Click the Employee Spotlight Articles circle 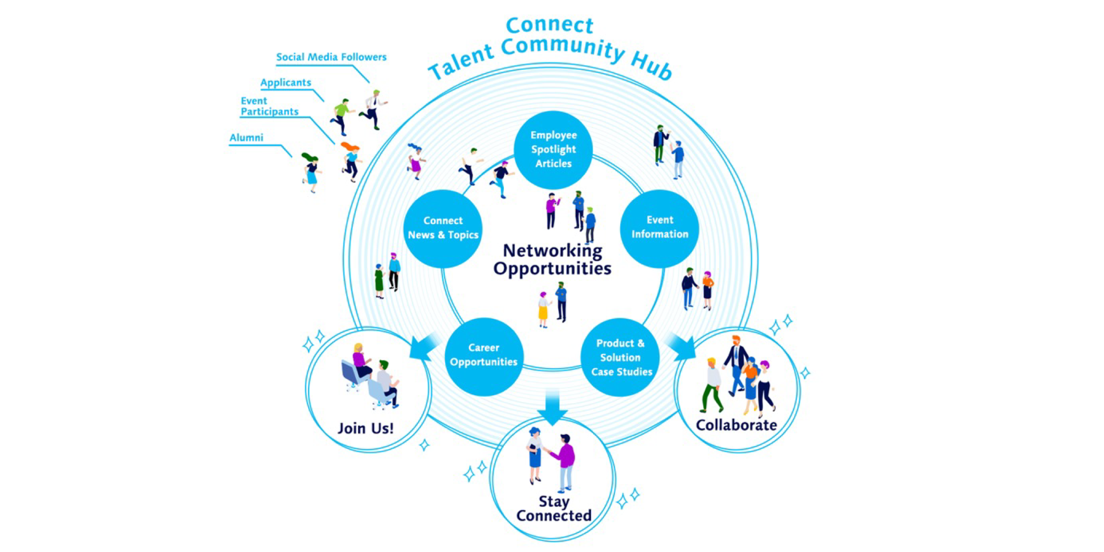click(x=553, y=149)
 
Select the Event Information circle click(x=659, y=228)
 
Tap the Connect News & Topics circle click(x=443, y=228)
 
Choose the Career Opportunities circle click(x=484, y=356)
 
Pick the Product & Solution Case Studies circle click(x=620, y=357)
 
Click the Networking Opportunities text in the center click(x=552, y=260)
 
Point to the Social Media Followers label click(x=331, y=57)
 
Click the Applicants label click(x=286, y=83)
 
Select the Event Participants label click(x=269, y=107)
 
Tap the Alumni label click(x=246, y=137)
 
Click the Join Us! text click(x=366, y=428)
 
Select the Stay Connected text click(x=554, y=508)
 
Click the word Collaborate click(x=736, y=425)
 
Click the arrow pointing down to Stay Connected click(x=553, y=407)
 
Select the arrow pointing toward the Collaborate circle click(x=682, y=347)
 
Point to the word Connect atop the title click(x=549, y=25)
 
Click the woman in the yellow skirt click(x=543, y=310)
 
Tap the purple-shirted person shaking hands click(x=566, y=462)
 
